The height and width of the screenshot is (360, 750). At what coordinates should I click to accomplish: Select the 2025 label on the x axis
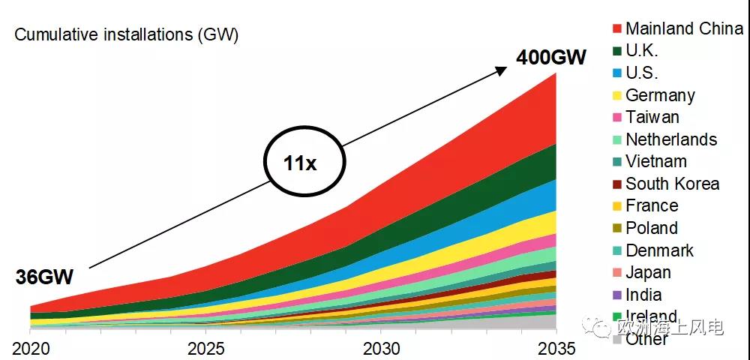point(205,349)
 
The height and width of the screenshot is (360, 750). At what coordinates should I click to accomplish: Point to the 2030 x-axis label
point(380,349)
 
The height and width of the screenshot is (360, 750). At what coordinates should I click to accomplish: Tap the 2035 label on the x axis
point(556,349)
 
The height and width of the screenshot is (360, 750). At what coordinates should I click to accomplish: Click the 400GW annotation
point(550,57)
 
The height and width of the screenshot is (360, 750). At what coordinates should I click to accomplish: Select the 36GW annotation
point(44,277)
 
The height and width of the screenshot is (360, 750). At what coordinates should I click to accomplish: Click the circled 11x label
point(300,162)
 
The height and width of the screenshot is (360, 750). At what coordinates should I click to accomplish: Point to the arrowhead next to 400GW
point(502,69)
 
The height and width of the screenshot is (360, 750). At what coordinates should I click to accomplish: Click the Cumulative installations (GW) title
point(127,35)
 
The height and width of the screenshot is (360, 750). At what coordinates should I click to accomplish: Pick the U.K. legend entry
point(641,51)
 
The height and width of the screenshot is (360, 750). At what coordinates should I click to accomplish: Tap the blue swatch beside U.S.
point(617,73)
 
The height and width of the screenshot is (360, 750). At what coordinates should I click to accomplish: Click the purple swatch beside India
point(617,295)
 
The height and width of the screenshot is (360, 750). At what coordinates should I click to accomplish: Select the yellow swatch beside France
point(617,206)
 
